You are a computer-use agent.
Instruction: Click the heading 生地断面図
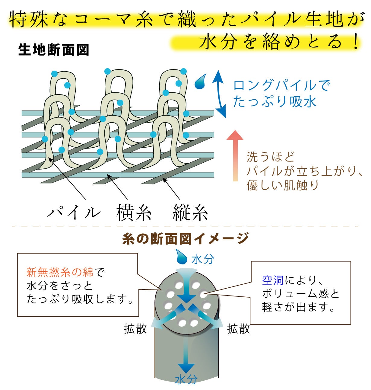point(54,50)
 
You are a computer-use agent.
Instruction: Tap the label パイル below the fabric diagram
point(74,212)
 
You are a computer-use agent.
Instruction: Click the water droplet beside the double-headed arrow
point(200,82)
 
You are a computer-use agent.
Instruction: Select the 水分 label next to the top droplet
point(203,259)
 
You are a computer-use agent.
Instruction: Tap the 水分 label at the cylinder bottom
point(186,379)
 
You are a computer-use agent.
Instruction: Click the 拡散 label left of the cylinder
point(135,329)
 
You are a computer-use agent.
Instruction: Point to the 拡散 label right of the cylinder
point(239,329)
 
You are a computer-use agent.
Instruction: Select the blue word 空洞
point(273,280)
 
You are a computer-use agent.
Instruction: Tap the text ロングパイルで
point(282,86)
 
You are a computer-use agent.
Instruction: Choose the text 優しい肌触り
point(283,185)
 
